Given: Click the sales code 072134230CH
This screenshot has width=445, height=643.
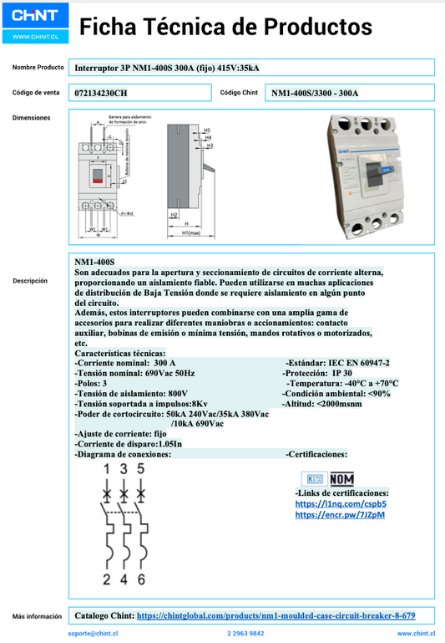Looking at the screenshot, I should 101,93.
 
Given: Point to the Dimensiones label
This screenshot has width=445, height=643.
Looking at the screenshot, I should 31,118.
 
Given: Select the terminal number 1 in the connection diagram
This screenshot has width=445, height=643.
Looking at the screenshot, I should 106,469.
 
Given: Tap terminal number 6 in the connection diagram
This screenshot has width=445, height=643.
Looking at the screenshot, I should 142,579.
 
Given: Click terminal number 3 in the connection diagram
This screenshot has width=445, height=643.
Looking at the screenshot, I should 124,469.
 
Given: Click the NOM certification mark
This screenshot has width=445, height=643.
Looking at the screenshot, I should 341,479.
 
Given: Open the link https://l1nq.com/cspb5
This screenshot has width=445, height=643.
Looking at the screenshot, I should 341,504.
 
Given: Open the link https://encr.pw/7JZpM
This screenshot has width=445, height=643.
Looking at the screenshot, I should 341,515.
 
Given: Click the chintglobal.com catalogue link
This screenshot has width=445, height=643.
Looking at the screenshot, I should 276,615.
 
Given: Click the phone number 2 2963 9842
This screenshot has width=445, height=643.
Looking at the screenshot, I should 245,635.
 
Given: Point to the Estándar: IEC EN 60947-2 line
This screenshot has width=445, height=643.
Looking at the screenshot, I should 337,363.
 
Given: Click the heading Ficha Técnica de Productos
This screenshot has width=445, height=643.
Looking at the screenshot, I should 225,28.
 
